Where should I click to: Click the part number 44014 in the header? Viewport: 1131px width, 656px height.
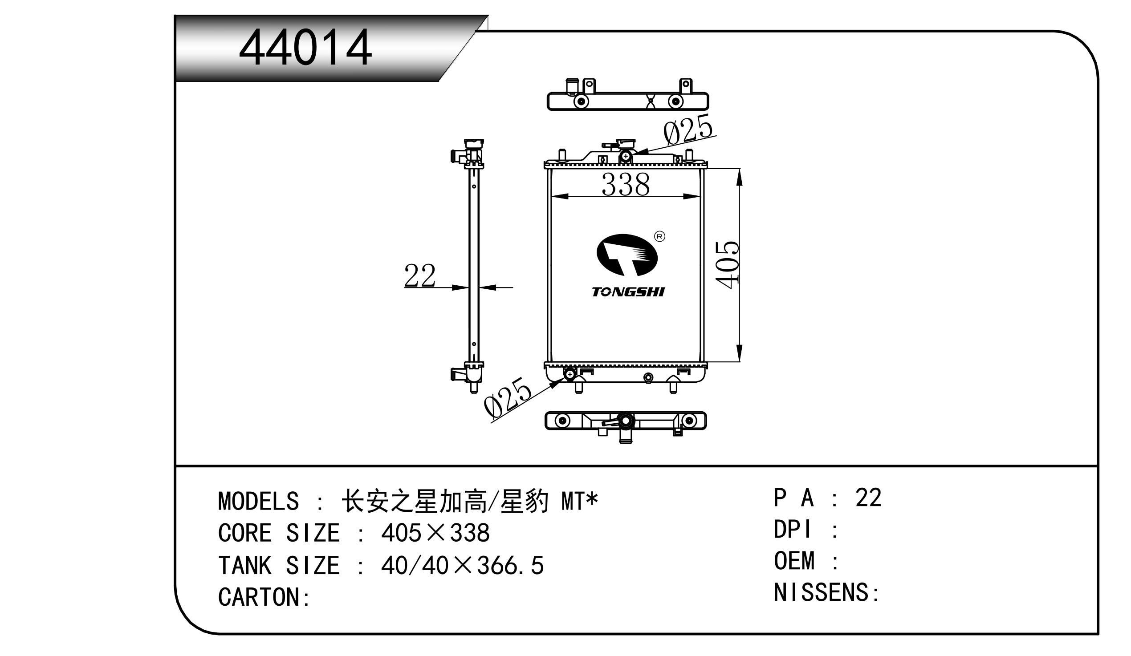pyautogui.click(x=305, y=48)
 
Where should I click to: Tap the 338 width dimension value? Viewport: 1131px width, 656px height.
pyautogui.click(x=625, y=184)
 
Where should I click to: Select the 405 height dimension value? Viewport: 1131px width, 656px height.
pyautogui.click(x=728, y=264)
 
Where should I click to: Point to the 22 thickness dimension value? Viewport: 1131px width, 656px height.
pyautogui.click(x=419, y=275)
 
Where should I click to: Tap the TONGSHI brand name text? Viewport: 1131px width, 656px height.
pyautogui.click(x=628, y=292)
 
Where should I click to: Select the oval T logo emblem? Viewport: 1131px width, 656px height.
pyautogui.click(x=627, y=255)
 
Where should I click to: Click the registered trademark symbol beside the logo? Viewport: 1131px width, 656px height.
pyautogui.click(x=659, y=236)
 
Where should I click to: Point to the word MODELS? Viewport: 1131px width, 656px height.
pyautogui.click(x=259, y=501)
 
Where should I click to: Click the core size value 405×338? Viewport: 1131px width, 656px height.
pyautogui.click(x=435, y=533)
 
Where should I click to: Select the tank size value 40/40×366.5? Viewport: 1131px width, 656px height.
pyautogui.click(x=462, y=565)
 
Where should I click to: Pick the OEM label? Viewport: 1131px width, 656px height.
pyautogui.click(x=794, y=561)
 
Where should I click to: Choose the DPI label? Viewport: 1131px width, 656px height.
pyautogui.click(x=793, y=530)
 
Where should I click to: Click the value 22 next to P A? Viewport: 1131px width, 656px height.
pyautogui.click(x=868, y=498)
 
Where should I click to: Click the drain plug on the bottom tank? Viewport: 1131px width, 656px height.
pyautogui.click(x=648, y=378)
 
